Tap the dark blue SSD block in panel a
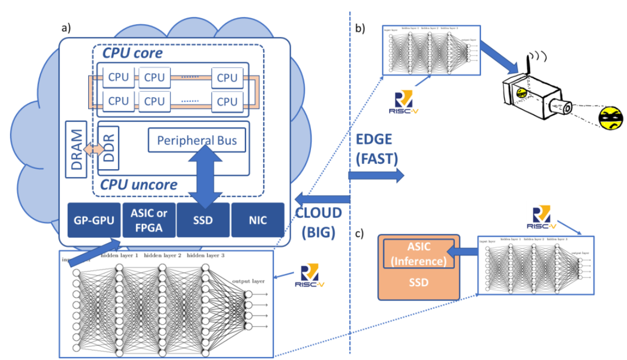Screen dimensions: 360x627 (203, 220)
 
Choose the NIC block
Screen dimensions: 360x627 (258, 220)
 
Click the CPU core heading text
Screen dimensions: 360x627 (133, 53)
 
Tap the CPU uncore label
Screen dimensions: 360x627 (138, 184)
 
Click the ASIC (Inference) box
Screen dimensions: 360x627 (419, 253)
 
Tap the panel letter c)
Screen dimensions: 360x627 (360, 233)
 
